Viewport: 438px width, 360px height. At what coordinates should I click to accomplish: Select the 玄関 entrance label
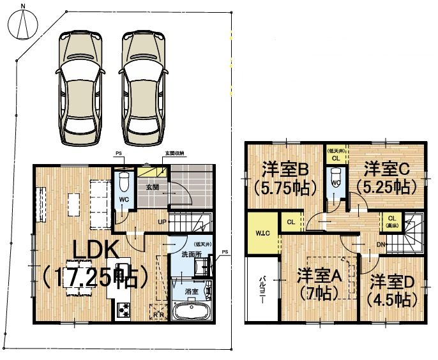pos(153,187)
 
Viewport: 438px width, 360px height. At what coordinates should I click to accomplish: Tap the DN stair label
pos(381,244)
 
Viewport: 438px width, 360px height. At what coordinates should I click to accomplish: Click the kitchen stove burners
pos(123,311)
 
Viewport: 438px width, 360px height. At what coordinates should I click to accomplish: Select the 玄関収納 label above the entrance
pos(174,154)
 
